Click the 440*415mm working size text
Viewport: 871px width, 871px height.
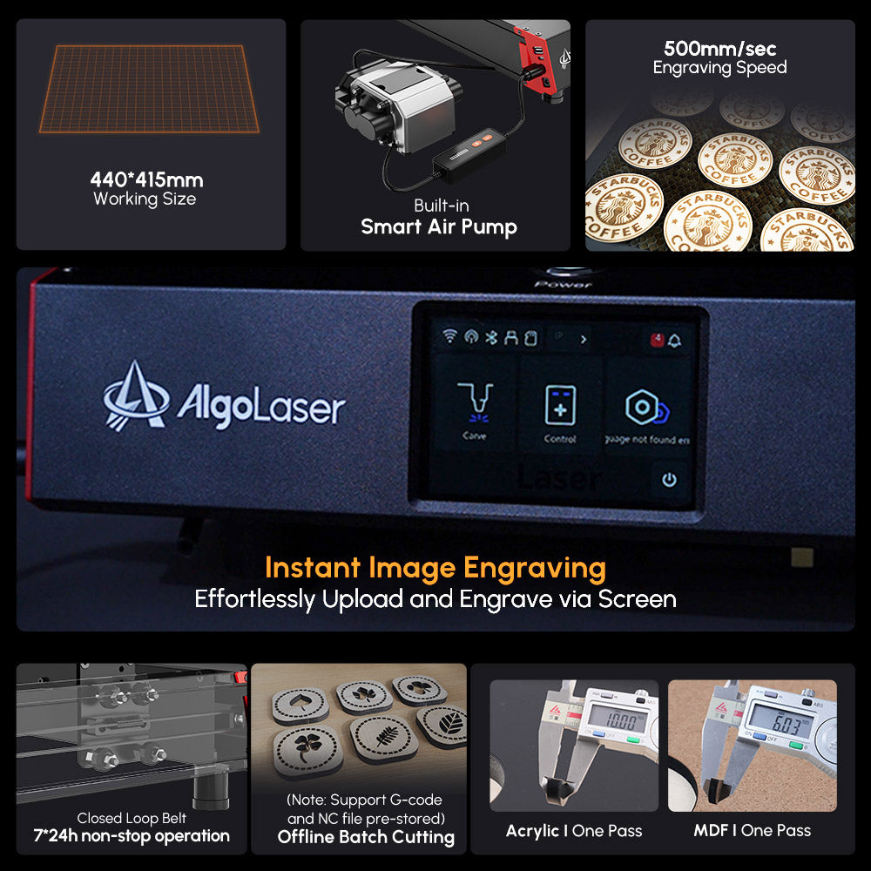(146, 180)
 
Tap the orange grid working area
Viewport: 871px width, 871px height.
(148, 90)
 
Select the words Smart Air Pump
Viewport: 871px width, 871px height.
(439, 227)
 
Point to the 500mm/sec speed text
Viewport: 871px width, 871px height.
(719, 49)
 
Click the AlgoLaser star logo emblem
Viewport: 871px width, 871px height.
(136, 396)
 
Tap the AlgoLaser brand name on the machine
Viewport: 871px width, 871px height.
(261, 406)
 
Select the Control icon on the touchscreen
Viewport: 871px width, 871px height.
(560, 406)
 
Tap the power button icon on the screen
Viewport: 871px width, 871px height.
(669, 480)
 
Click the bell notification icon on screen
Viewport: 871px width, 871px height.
(675, 340)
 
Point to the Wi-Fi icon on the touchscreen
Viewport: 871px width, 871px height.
(450, 337)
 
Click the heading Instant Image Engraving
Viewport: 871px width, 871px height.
(435, 568)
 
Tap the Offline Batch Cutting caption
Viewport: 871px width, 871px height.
(366, 837)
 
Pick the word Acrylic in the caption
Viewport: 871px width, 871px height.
(532, 830)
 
